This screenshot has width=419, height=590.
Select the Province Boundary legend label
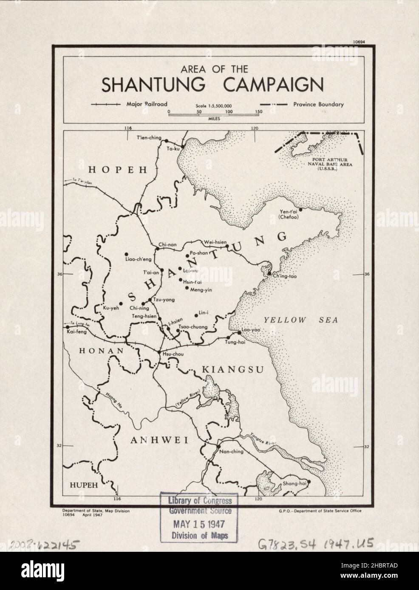tap(318, 104)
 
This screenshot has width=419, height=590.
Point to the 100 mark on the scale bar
tap(229, 111)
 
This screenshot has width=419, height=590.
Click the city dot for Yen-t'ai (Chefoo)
tap(300, 209)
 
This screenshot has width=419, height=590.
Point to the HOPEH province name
tap(118, 170)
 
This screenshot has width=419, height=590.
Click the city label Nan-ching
tap(231, 452)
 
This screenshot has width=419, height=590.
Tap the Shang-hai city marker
tap(309, 482)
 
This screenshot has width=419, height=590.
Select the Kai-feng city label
tap(75, 332)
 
